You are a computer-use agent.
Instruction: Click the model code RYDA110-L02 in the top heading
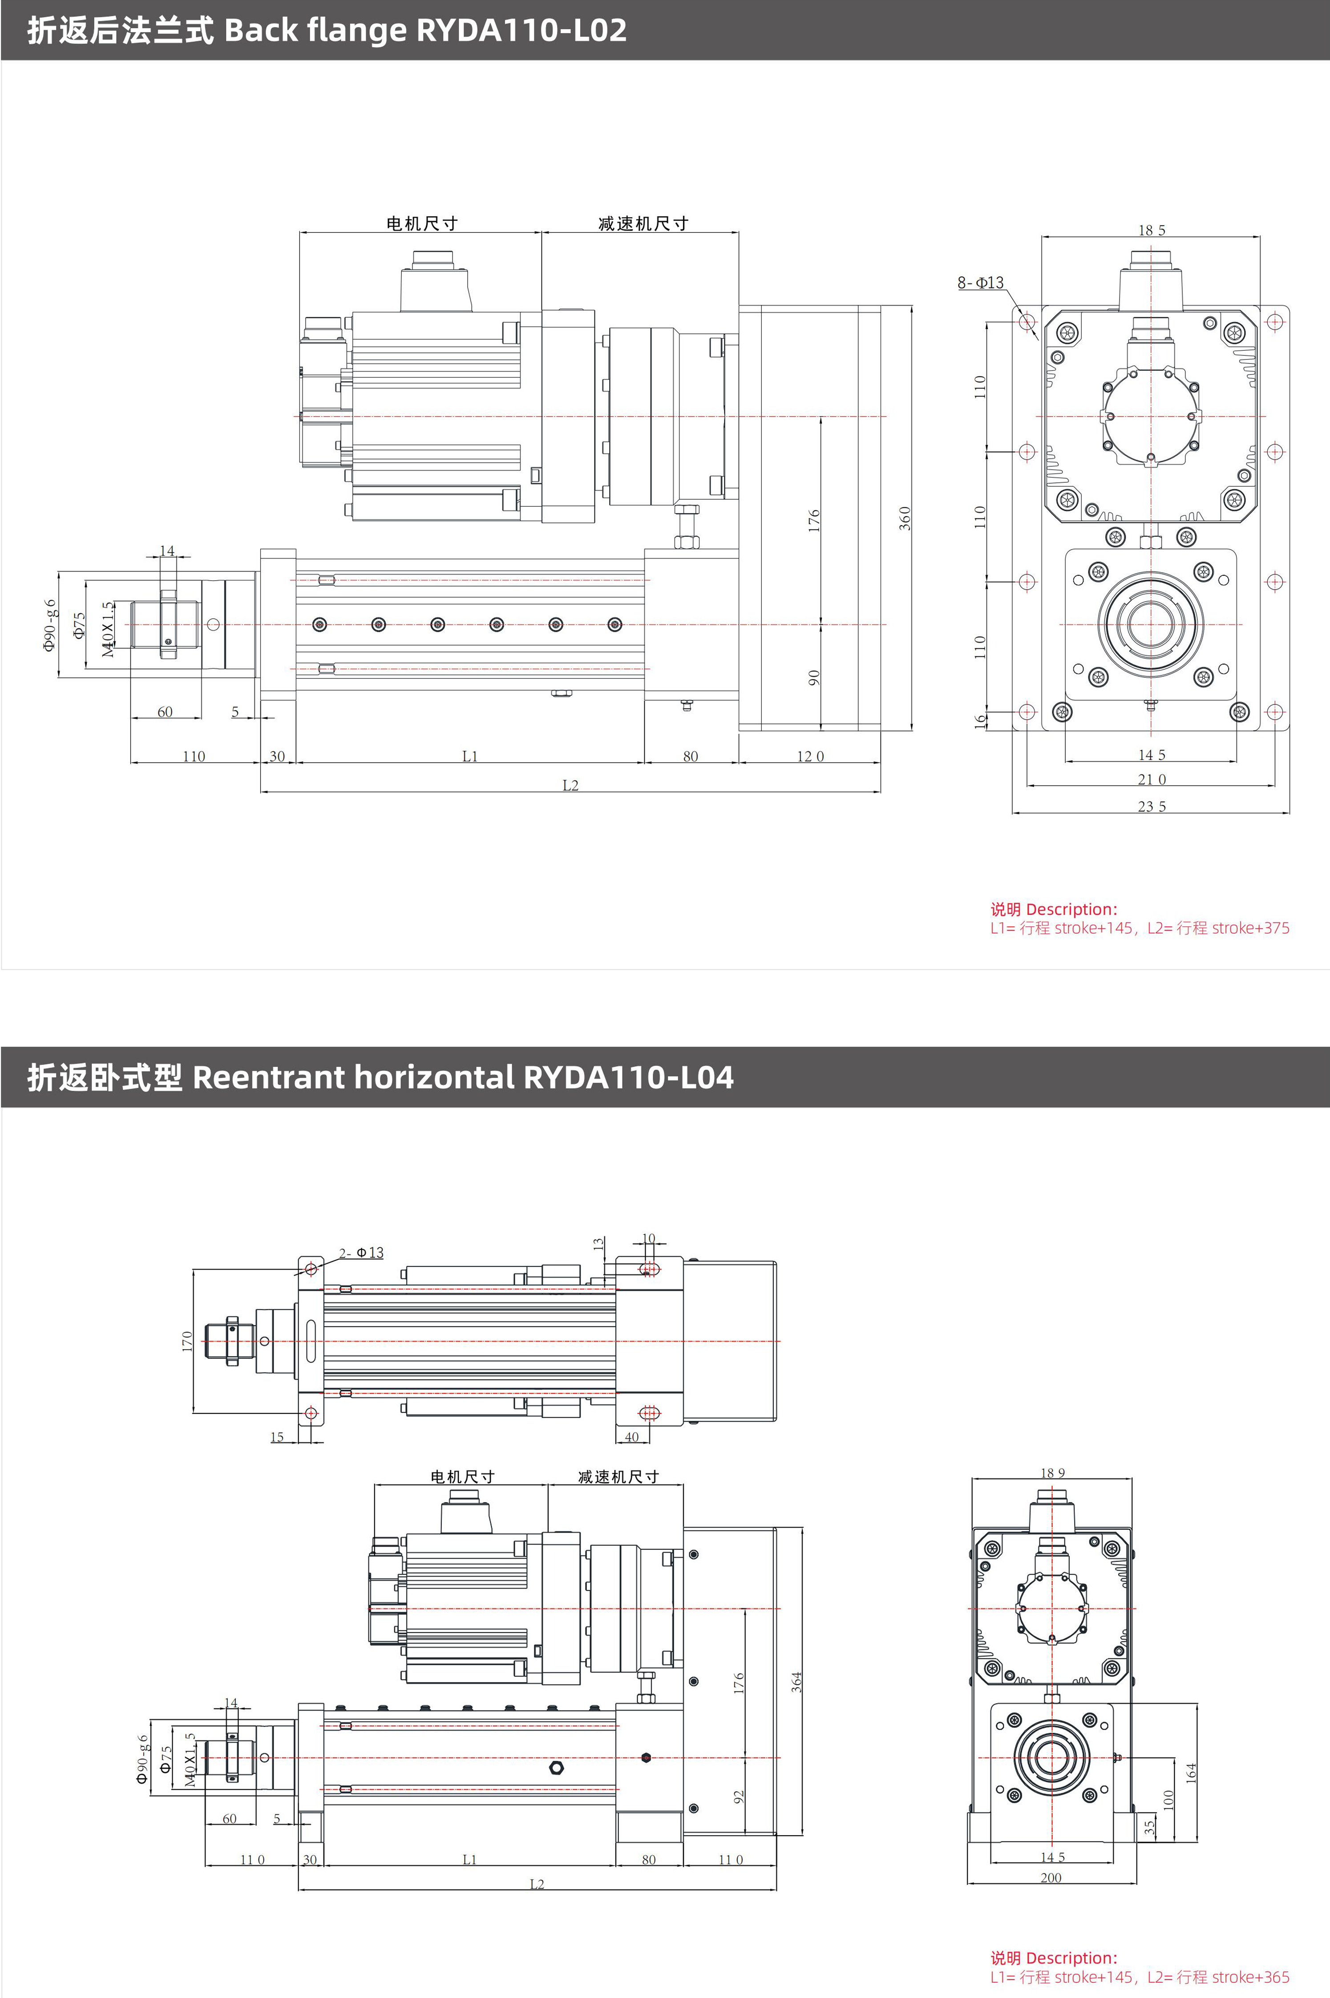point(521,31)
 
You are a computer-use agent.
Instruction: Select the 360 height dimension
point(905,518)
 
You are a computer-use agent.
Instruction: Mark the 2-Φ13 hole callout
point(361,1253)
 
